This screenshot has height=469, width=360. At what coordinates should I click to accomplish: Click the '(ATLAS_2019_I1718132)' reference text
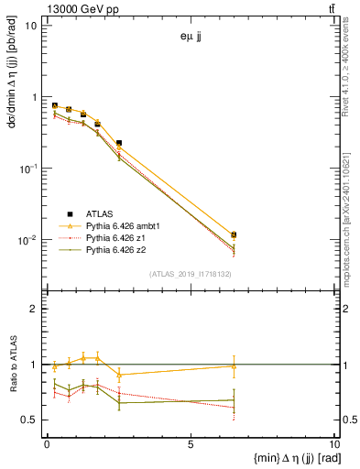click(190, 273)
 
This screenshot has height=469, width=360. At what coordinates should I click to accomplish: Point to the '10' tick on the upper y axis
click(30, 25)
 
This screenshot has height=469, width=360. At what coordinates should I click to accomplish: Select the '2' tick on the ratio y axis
click(34, 309)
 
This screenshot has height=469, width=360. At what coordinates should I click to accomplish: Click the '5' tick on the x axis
click(191, 447)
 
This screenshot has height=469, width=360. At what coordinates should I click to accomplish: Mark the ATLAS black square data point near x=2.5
click(119, 143)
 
